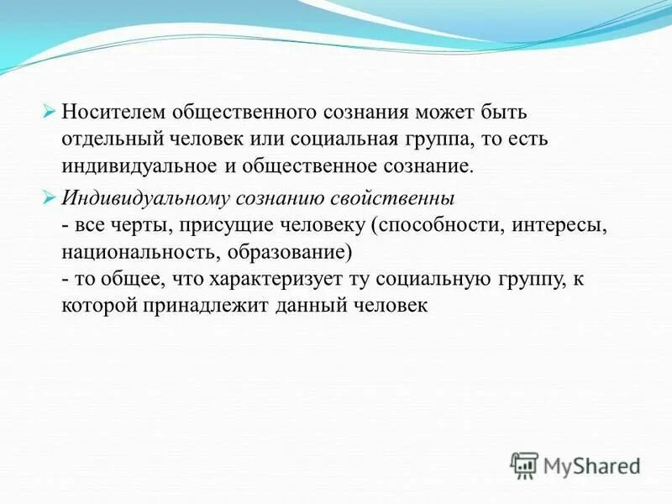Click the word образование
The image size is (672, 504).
click(276, 252)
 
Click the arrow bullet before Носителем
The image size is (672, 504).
click(48, 111)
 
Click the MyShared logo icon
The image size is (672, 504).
click(524, 464)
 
